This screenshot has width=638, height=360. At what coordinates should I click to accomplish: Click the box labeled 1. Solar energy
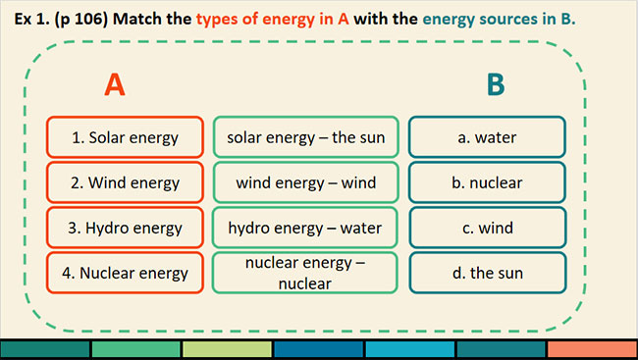point(125,137)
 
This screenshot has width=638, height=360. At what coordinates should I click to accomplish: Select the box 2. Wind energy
point(125,182)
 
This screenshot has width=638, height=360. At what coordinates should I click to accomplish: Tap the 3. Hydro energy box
point(125,228)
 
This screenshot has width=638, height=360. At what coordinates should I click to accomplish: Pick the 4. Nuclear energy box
point(125,273)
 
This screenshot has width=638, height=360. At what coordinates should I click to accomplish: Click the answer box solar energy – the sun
point(305,137)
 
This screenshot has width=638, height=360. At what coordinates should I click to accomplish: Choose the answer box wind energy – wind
point(305,182)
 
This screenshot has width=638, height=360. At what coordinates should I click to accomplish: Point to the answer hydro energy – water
point(305,228)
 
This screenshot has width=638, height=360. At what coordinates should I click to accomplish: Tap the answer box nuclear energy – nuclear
point(305,273)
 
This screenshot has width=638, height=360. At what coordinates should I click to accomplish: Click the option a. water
point(488,137)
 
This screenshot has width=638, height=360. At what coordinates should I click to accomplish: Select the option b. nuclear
point(488,182)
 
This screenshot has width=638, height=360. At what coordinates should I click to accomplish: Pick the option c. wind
point(488,228)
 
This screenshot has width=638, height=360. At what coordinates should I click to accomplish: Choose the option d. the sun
point(488,273)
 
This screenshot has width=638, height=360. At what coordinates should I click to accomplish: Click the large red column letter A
point(115,84)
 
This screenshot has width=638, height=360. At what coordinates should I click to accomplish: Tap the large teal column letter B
point(496,84)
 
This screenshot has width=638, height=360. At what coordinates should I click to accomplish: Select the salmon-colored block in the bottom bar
point(593,349)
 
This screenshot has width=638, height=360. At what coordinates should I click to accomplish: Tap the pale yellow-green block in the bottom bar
point(227,349)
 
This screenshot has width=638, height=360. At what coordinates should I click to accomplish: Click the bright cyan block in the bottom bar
point(409,349)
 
